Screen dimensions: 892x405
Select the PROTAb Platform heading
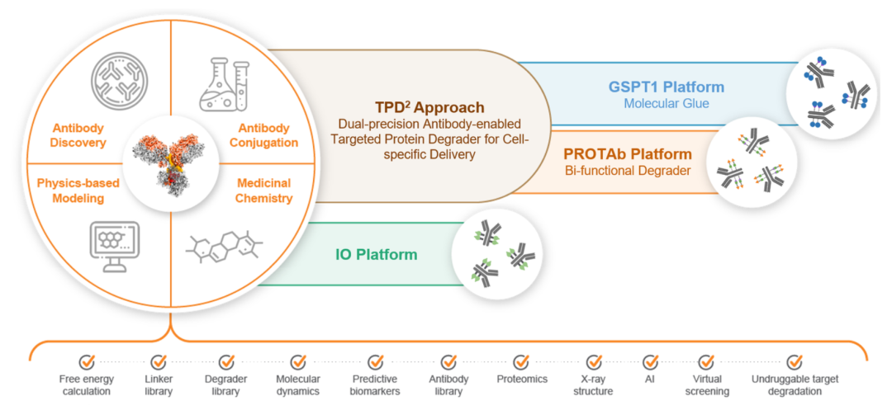coord(628,154)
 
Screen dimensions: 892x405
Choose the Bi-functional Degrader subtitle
coord(628,171)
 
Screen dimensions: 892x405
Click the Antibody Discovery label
coord(78,135)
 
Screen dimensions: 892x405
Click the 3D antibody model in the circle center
coord(171,163)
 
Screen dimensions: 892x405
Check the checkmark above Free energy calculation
coord(87,361)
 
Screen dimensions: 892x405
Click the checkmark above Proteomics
coord(521,361)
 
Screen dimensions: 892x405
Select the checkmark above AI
coord(650,361)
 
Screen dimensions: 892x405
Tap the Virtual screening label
coord(706,384)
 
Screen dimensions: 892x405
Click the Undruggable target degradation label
coord(795,384)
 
